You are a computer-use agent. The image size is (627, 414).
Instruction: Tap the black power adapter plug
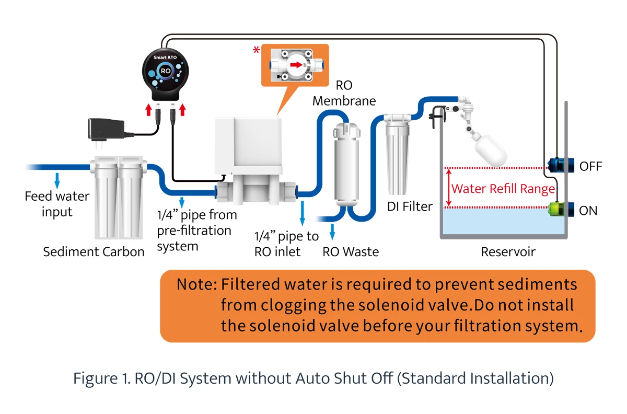106,128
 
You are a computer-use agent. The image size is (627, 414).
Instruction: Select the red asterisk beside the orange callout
256,50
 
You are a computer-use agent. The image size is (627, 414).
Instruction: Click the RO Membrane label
344,93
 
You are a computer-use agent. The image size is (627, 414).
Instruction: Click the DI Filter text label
410,206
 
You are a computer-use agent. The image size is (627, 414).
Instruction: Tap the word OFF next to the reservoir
590,167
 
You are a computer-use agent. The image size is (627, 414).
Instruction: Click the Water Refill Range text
503,188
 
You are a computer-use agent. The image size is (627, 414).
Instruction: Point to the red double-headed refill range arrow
447,188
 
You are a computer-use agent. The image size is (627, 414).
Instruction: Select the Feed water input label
57,204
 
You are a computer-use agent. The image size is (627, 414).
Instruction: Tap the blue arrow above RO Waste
333,231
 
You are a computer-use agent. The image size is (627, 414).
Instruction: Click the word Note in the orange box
196,285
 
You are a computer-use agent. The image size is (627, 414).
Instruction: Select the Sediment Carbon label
94,252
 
